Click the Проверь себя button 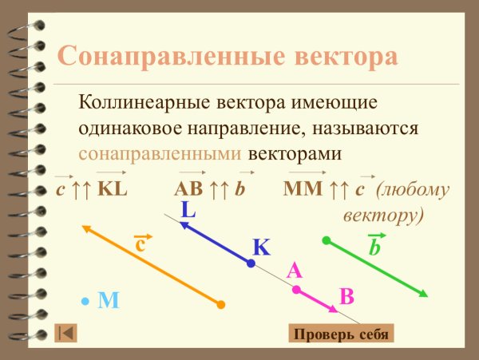341,334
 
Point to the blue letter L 188,211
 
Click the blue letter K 262,247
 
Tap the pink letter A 294,271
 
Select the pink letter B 346,296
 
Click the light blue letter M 108,300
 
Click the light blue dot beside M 85,300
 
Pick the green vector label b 374,247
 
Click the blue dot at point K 251,263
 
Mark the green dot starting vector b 326,239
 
